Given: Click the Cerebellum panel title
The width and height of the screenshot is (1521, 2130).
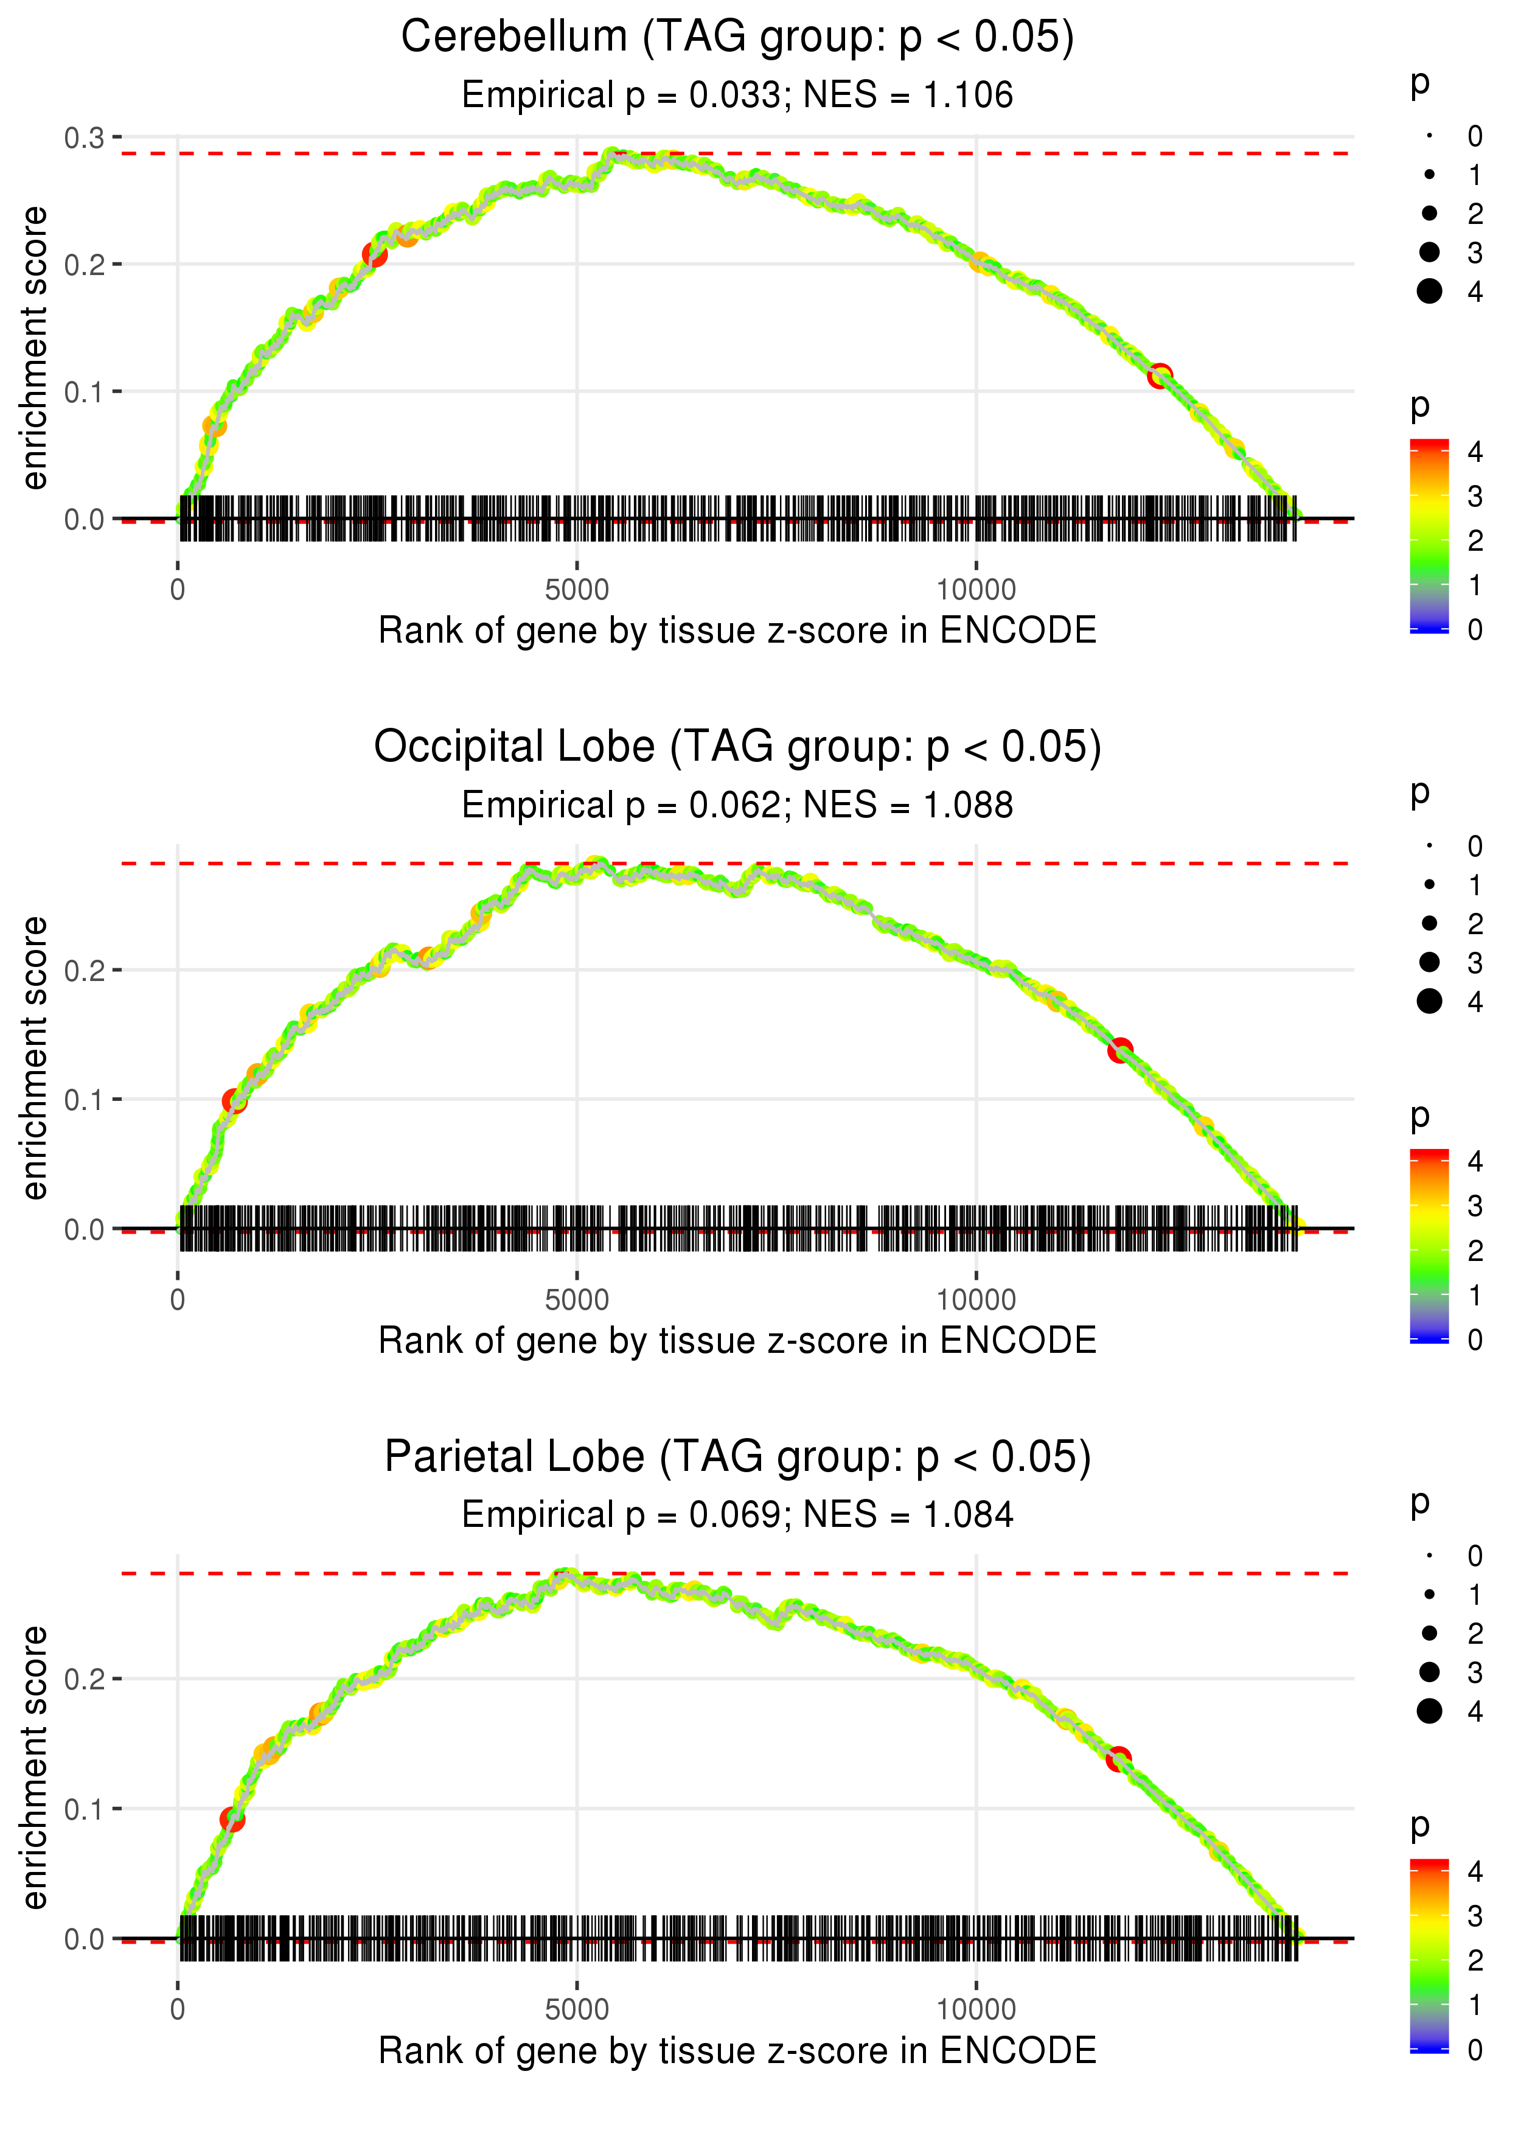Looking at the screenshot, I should pyautogui.click(x=737, y=38).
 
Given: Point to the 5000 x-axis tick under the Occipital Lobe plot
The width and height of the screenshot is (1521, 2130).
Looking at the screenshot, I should pyautogui.click(x=577, y=1299).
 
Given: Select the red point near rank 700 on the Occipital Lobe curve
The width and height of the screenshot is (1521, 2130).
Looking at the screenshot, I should pyautogui.click(x=234, y=1100).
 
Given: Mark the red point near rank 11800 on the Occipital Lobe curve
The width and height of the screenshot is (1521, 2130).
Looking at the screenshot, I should pyautogui.click(x=1120, y=1050).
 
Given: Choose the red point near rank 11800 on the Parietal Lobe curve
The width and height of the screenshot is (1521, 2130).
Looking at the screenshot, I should pyautogui.click(x=1118, y=1759).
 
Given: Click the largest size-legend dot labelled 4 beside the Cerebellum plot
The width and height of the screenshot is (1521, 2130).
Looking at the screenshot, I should pyautogui.click(x=1429, y=292).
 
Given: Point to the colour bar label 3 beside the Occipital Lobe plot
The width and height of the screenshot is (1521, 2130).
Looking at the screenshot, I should pyautogui.click(x=1475, y=1206).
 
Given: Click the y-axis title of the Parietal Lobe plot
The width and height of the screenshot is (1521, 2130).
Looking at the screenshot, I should pyautogui.click(x=35, y=1767).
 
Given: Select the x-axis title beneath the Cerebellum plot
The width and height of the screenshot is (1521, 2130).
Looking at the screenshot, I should pyautogui.click(x=737, y=630).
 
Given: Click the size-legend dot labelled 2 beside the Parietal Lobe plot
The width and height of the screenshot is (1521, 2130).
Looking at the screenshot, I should pyautogui.click(x=1429, y=1633).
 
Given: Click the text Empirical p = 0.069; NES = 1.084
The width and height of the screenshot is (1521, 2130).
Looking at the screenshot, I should pyautogui.click(x=737, y=1515).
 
